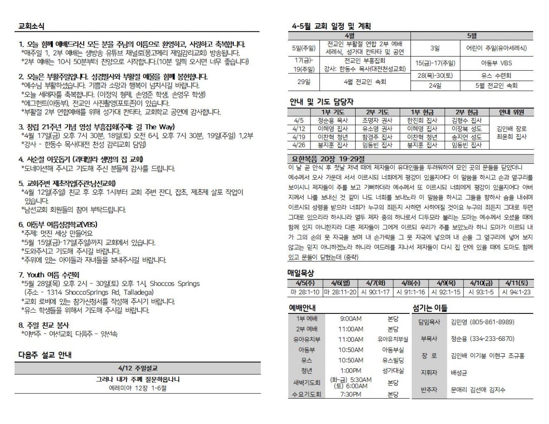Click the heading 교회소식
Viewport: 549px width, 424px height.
[31, 27]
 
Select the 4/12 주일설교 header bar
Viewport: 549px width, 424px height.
[137, 368]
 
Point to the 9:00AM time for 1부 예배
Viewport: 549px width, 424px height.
[350, 319]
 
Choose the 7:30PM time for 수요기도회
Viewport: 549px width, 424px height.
[350, 394]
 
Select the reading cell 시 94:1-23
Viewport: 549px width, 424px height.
[516, 292]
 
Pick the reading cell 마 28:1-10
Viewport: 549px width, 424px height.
[305, 292]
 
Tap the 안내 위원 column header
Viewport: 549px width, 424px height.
[511, 112]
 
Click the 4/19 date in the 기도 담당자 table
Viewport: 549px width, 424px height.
[299, 137]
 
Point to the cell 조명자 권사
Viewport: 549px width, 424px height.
[377, 121]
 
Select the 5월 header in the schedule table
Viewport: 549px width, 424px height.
[472, 36]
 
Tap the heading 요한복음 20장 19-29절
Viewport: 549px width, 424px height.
[327, 159]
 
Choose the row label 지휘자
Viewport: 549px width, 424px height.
[429, 373]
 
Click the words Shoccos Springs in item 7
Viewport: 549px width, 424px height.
[175, 283]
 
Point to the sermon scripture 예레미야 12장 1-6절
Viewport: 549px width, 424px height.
[137, 388]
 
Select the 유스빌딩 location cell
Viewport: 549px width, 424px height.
[392, 361]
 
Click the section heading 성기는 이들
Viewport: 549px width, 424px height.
[430, 307]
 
